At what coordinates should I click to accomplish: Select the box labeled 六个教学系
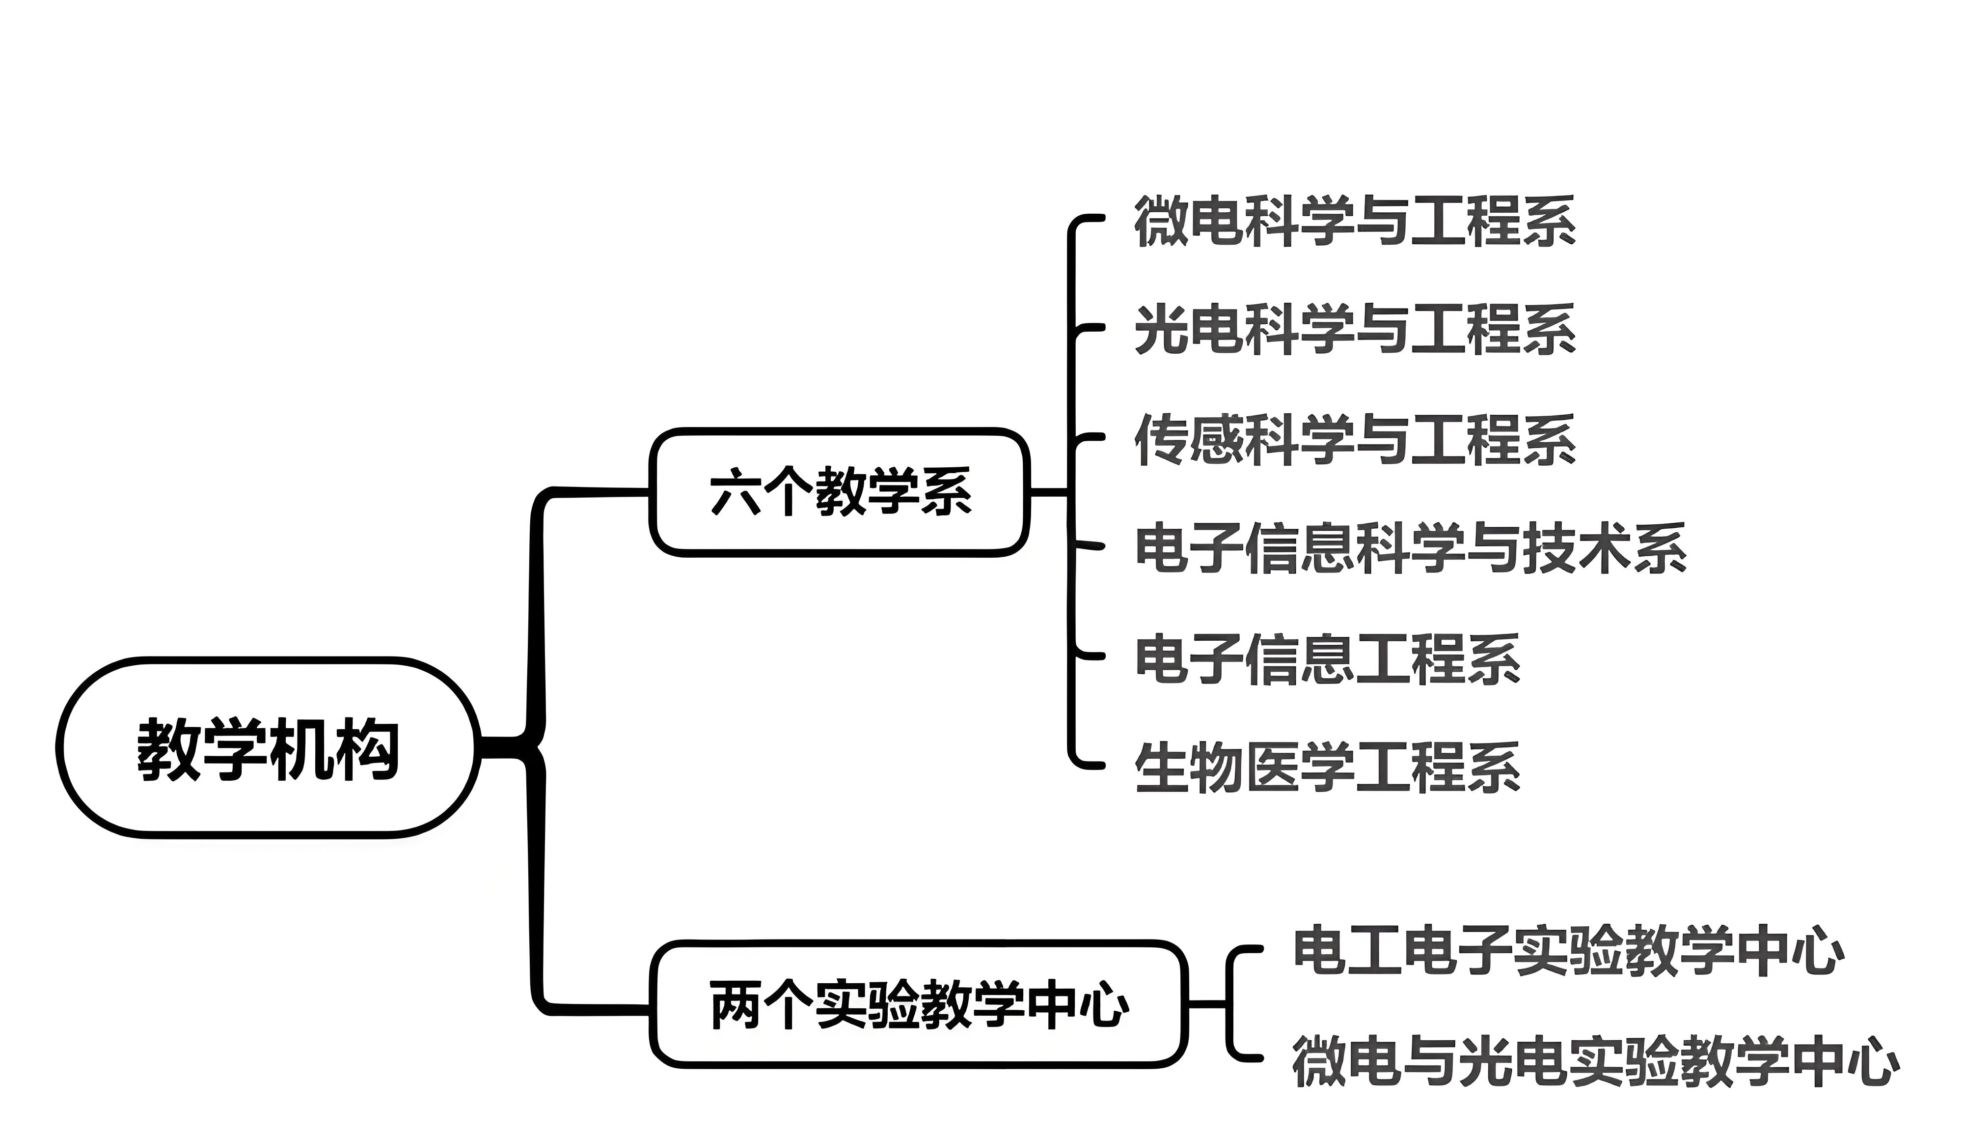click(x=840, y=491)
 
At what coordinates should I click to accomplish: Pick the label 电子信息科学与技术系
click(x=1410, y=548)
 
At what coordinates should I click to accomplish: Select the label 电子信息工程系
click(x=1327, y=659)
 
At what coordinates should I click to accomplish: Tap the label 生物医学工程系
click(x=1327, y=768)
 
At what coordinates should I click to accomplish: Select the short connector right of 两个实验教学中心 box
click(x=1208, y=1003)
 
